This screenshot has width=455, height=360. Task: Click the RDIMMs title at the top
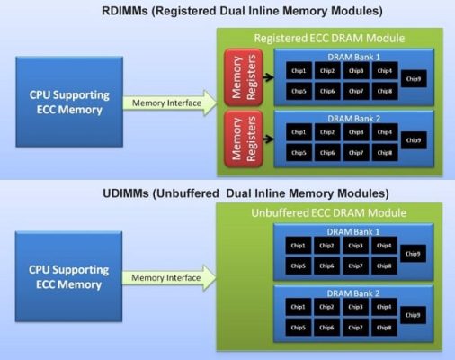(x=227, y=11)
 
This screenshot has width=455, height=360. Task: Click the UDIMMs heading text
(x=227, y=193)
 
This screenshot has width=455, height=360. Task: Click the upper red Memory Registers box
(x=237, y=79)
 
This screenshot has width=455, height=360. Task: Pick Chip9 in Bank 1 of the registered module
(x=414, y=79)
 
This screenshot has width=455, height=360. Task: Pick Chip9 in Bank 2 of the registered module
(x=414, y=141)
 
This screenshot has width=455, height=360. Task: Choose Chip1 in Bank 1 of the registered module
(x=299, y=70)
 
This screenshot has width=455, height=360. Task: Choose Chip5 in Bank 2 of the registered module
(x=299, y=152)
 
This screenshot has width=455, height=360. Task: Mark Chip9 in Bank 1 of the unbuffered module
(x=414, y=254)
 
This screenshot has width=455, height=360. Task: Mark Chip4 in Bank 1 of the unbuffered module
(x=384, y=245)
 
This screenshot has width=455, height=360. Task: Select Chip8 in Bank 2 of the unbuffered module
(x=384, y=328)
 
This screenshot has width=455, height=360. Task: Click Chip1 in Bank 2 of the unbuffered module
(x=299, y=307)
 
